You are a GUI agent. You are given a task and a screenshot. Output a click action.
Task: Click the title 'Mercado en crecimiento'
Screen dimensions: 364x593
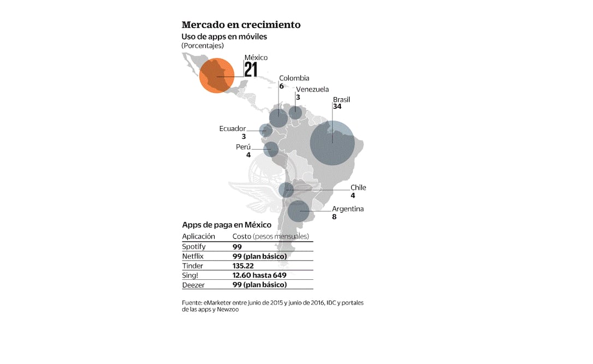click(241, 25)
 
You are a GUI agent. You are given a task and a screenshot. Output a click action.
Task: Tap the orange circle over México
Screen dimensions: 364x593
click(217, 75)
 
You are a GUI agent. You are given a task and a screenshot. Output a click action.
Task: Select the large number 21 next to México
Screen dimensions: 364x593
click(251, 70)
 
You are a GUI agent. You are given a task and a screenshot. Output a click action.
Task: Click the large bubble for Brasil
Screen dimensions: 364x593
click(333, 143)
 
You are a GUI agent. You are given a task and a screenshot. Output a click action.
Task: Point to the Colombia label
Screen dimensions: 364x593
click(294, 78)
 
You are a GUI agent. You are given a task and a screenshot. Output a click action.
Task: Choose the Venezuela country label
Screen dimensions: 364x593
click(312, 90)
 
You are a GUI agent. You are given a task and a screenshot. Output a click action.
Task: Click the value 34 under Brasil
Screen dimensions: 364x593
click(337, 107)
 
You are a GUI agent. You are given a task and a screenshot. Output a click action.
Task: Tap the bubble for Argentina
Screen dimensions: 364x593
click(298, 211)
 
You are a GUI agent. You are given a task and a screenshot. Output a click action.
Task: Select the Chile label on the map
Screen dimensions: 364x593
click(358, 187)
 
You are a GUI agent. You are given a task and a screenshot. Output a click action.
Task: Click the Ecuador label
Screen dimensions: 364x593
click(233, 128)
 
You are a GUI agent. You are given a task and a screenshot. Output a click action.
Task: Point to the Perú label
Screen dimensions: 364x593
click(243, 147)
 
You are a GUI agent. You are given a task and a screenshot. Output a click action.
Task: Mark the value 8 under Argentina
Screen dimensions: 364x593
click(334, 216)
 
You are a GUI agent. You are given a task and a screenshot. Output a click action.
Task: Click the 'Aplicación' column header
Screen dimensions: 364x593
click(198, 236)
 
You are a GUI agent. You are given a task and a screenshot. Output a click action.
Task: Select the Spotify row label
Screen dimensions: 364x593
click(194, 246)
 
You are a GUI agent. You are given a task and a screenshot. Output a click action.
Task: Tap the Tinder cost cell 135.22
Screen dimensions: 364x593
click(242, 266)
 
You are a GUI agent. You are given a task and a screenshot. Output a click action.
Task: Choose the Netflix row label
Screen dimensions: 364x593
click(193, 256)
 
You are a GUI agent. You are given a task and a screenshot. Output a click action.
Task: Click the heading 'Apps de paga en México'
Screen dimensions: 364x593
click(226, 225)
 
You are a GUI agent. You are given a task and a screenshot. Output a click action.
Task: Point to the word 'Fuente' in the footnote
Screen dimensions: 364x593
click(192, 303)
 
